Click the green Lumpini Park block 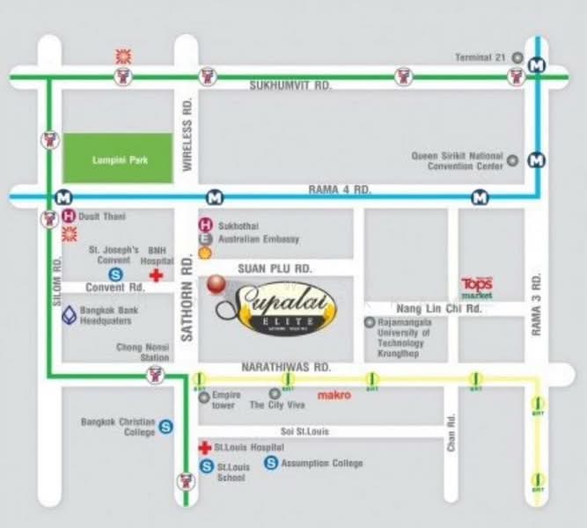[118, 158]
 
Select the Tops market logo [477, 287]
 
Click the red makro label [334, 395]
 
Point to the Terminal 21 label [481, 57]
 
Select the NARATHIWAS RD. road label [290, 366]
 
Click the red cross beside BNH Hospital [156, 275]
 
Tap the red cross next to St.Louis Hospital [206, 447]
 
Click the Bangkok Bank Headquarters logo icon [69, 315]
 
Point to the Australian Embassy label [258, 238]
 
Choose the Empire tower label [224, 400]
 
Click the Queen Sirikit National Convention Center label [458, 161]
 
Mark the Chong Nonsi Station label [143, 353]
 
